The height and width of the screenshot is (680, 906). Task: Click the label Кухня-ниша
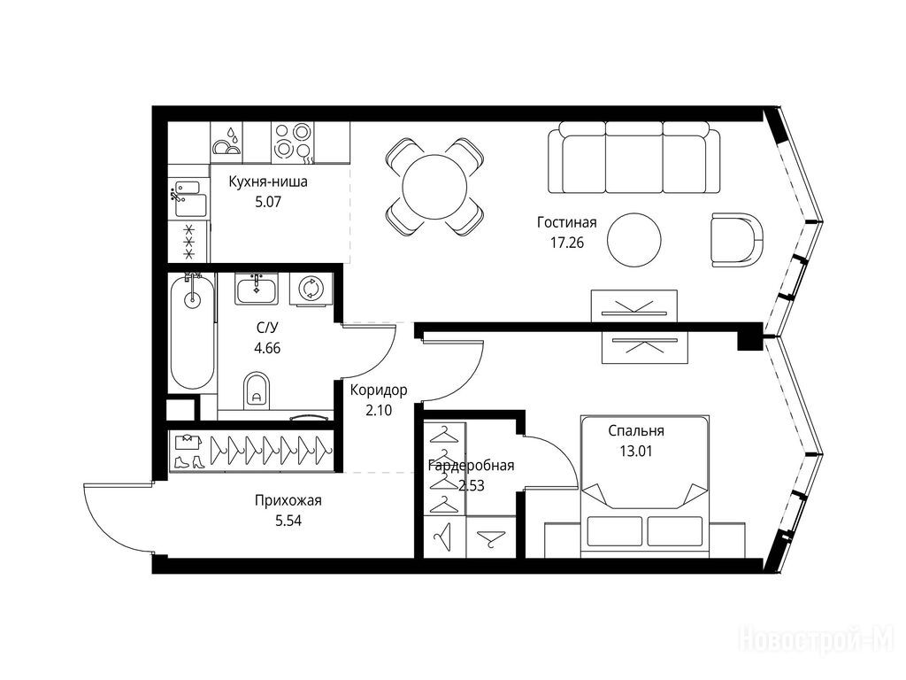click(268, 182)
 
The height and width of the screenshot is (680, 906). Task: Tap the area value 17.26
click(567, 243)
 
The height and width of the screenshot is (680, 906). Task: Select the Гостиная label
click(566, 222)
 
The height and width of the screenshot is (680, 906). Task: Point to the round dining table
click(434, 187)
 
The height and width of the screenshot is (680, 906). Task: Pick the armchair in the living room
click(737, 240)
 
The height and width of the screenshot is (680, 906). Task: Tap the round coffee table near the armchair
click(634, 241)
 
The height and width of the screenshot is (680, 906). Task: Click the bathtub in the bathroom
click(192, 332)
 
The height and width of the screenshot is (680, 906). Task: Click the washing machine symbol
click(311, 289)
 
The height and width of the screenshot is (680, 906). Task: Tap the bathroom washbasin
click(257, 289)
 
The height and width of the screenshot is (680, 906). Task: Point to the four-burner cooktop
click(292, 142)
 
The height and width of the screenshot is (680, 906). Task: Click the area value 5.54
click(288, 521)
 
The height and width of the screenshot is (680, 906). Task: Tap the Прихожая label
click(288, 501)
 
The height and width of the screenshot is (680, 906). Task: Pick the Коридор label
click(379, 390)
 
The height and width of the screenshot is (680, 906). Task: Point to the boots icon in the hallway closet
click(189, 461)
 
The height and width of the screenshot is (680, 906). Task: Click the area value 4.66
click(267, 348)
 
